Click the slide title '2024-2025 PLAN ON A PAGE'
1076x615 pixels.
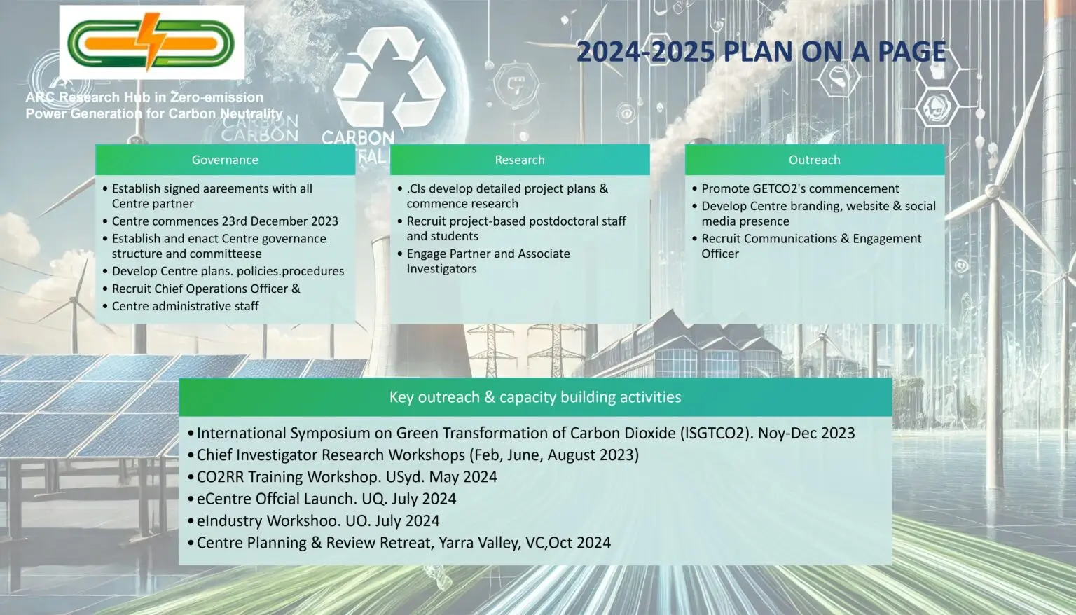tap(761, 52)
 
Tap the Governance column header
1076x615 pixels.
tap(225, 160)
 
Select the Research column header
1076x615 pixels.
tap(520, 160)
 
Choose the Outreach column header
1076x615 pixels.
tap(815, 160)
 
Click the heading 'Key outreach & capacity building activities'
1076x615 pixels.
tap(535, 397)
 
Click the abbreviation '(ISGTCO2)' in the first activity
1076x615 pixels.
tap(716, 433)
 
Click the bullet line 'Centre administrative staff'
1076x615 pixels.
tap(186, 306)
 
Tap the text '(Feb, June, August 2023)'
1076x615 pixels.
tap(554, 455)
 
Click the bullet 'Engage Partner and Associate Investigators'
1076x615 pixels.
tap(488, 261)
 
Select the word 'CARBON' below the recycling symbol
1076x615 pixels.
tap(358, 139)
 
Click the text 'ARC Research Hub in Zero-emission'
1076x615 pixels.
tap(144, 97)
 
